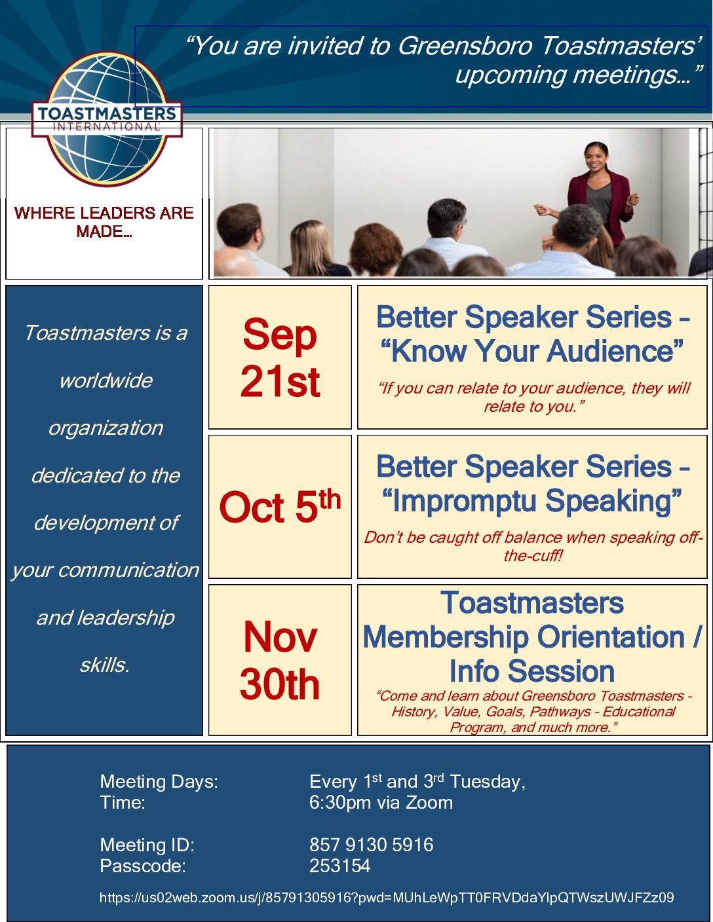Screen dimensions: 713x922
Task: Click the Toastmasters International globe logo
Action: pyautogui.click(x=107, y=119)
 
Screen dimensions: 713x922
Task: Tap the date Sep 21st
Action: pyautogui.click(x=280, y=358)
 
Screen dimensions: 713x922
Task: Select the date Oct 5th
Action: pyautogui.click(x=280, y=506)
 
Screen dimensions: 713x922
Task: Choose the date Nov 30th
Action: pyautogui.click(x=280, y=660)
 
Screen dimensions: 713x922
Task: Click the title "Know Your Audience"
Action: pyautogui.click(x=532, y=352)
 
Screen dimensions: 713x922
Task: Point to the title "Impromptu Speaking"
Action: pyautogui.click(x=532, y=501)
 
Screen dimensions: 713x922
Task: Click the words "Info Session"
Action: pyautogui.click(x=532, y=671)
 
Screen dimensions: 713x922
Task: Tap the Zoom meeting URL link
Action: pyautogui.click(x=387, y=897)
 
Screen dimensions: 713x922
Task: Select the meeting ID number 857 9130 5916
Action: pyautogui.click(x=371, y=844)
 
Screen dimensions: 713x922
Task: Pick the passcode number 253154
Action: pyautogui.click(x=339, y=866)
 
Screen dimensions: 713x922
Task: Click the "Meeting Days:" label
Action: pyautogui.click(x=159, y=781)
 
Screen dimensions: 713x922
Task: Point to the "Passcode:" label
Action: pyautogui.click(x=143, y=866)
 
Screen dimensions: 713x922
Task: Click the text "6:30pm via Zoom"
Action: pyautogui.click(x=381, y=802)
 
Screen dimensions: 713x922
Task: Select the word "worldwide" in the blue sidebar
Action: pyautogui.click(x=106, y=380)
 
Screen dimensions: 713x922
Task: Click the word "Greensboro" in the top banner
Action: pyautogui.click(x=465, y=45)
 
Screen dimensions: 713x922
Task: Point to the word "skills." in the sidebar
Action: pyautogui.click(x=104, y=665)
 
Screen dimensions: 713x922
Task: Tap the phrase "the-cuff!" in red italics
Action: pyautogui.click(x=533, y=555)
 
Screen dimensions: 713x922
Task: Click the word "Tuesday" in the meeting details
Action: pyautogui.click(x=488, y=782)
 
